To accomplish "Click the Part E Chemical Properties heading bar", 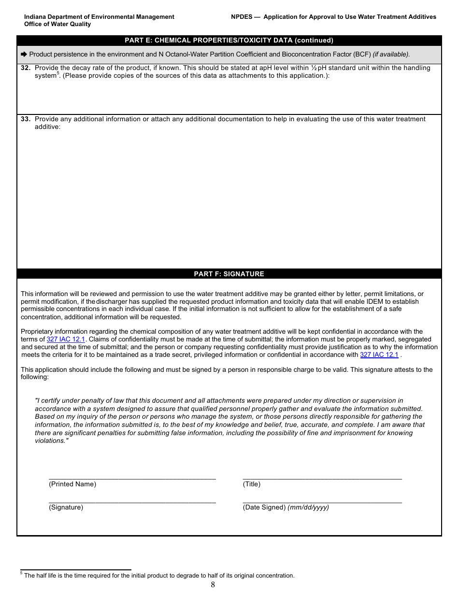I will (x=229, y=41).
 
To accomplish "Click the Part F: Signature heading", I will (x=229, y=274).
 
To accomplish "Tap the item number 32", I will (x=26, y=68).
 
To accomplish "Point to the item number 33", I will (x=26, y=119).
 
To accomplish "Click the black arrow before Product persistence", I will (x=24, y=55).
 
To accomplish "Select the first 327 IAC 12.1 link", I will (x=66, y=339).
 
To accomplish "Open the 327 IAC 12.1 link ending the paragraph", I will (x=379, y=355).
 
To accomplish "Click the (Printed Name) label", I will (x=72, y=484).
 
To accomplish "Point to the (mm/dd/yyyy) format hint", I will (x=308, y=508).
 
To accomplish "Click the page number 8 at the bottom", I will (x=213, y=585).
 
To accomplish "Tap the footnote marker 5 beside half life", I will (x=22, y=574).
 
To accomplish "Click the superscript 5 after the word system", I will (x=58, y=74).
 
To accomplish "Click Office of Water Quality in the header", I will (x=57, y=24).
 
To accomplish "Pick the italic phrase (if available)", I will (x=391, y=55).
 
